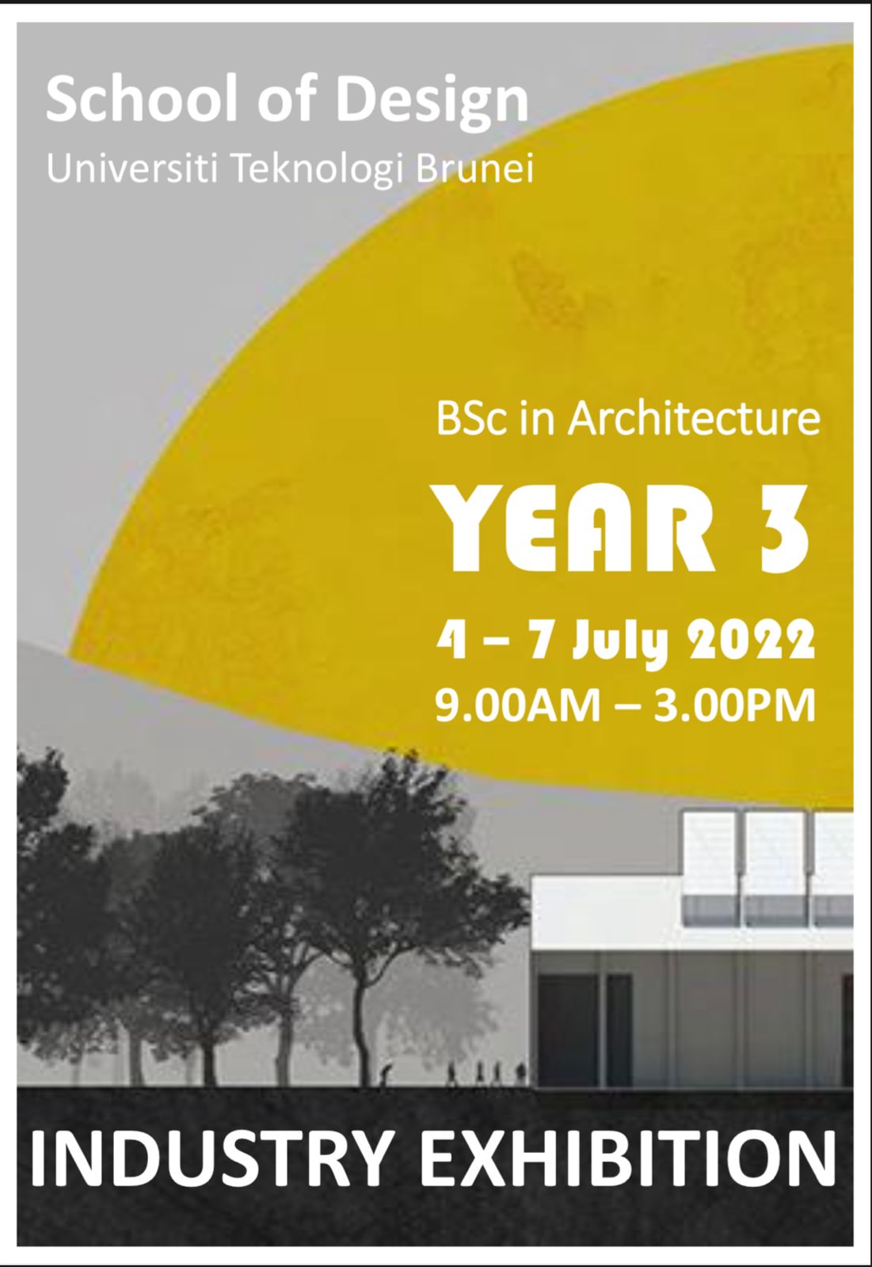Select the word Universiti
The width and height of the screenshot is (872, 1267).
[131, 169]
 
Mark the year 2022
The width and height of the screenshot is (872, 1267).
[752, 641]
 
